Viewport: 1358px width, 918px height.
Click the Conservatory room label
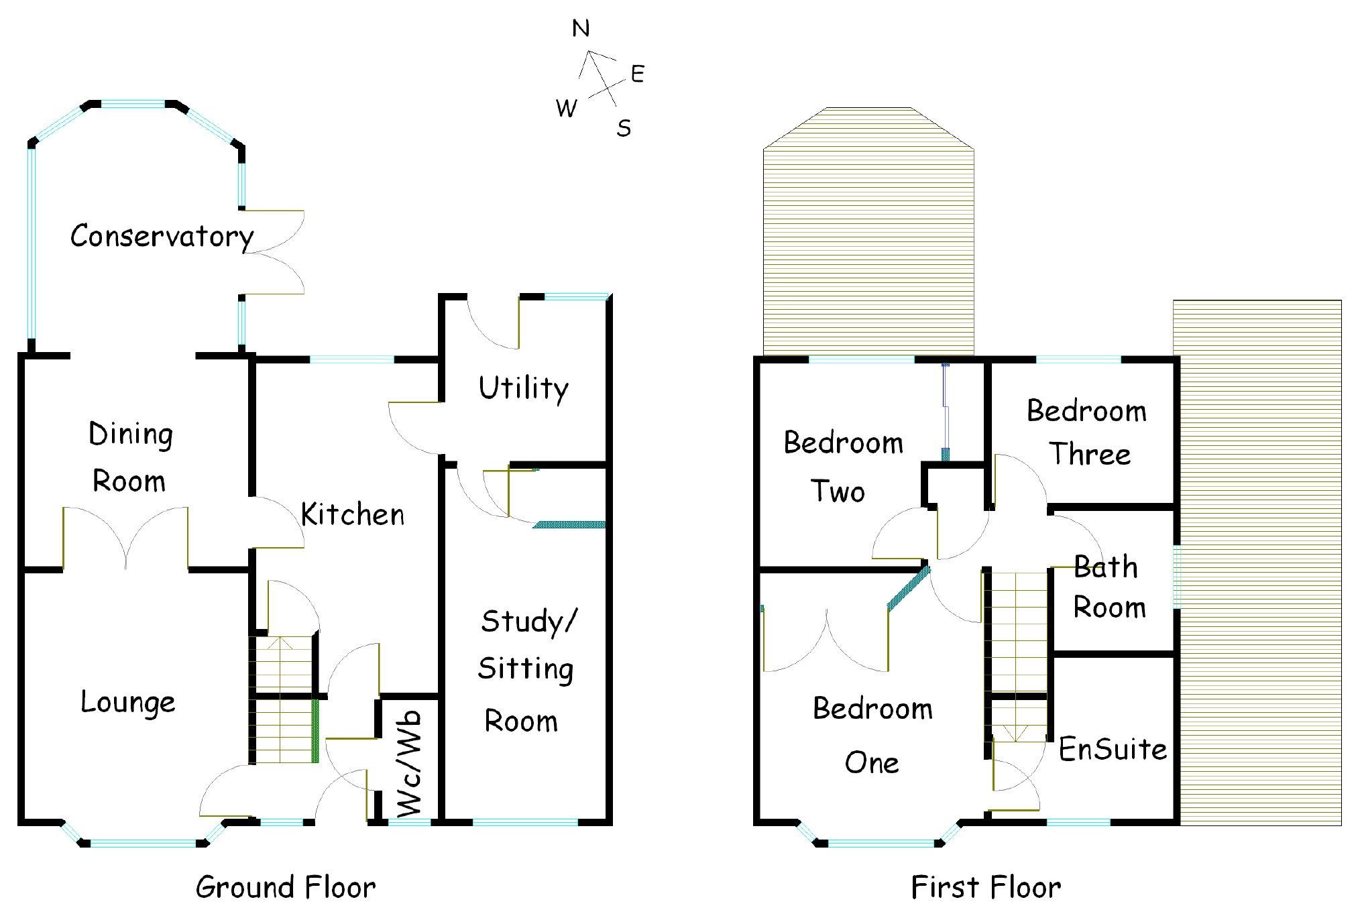coord(162,236)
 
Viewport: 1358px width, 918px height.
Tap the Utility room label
coord(524,388)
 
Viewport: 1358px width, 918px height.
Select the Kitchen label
coord(353,515)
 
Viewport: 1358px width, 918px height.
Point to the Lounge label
coord(128,702)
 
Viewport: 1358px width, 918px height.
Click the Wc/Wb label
coord(410,764)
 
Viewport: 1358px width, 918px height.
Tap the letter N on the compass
coord(581,28)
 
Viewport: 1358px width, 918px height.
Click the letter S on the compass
coord(624,127)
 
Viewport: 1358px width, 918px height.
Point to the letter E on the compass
coord(637,74)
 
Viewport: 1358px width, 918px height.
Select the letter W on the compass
coord(567,108)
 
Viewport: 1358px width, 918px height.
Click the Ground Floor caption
coord(286,888)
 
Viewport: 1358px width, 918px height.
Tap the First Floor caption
coord(986,888)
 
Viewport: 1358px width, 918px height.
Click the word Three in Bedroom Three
coord(1090,455)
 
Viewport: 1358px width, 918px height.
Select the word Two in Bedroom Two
coord(838,492)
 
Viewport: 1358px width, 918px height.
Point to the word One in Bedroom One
coord(872,763)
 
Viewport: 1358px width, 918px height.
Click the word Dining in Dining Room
coord(131,435)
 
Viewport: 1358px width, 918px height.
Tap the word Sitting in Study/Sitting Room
coord(526,669)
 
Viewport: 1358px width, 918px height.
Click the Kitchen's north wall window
coord(351,360)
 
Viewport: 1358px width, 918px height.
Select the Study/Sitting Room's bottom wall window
coord(525,821)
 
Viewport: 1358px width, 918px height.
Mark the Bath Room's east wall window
coord(1176,577)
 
